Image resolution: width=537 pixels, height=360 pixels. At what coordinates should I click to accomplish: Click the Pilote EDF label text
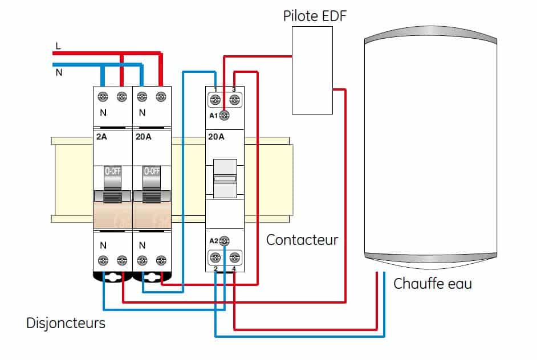(x=315, y=15)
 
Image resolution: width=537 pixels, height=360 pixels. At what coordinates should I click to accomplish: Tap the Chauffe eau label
(x=433, y=283)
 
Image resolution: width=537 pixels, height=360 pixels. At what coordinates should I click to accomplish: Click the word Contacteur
(x=302, y=240)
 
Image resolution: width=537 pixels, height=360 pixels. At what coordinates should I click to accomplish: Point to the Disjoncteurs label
(x=66, y=323)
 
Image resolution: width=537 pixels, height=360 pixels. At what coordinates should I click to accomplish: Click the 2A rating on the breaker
(x=102, y=137)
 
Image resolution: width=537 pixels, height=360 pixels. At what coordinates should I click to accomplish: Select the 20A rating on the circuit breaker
(x=144, y=137)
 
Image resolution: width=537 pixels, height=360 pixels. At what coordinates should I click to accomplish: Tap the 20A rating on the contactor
(x=216, y=137)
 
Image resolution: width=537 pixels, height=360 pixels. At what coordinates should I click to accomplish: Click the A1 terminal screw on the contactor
(x=224, y=115)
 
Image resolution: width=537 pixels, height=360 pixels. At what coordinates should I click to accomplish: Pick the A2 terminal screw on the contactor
(x=224, y=240)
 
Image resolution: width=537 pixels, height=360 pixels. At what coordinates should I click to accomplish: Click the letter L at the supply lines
(x=58, y=46)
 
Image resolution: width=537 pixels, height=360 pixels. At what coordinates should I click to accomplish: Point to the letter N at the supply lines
(x=58, y=72)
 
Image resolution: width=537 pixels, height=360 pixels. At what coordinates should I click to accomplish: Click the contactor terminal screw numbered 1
(x=215, y=101)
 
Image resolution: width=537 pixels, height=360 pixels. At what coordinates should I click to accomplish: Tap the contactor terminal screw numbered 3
(x=233, y=101)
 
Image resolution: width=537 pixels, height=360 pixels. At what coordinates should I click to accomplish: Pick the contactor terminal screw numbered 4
(x=233, y=257)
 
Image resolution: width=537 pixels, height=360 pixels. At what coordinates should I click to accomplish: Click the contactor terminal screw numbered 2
(x=215, y=257)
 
